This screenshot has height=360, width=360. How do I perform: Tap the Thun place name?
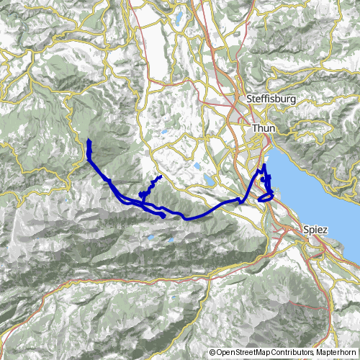click(264, 127)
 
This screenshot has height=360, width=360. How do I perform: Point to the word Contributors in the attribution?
click(294, 353)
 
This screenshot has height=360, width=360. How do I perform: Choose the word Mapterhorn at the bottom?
click(336, 353)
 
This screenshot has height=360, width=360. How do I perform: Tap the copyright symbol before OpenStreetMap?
click(212, 353)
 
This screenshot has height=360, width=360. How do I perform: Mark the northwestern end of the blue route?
click(89, 140)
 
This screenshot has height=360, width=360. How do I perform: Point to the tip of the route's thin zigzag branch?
click(159, 176)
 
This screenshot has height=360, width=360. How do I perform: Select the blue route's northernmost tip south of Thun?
click(264, 166)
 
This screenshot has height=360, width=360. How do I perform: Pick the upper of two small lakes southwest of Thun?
click(197, 166)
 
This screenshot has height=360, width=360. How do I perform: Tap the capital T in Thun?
click(255, 127)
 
